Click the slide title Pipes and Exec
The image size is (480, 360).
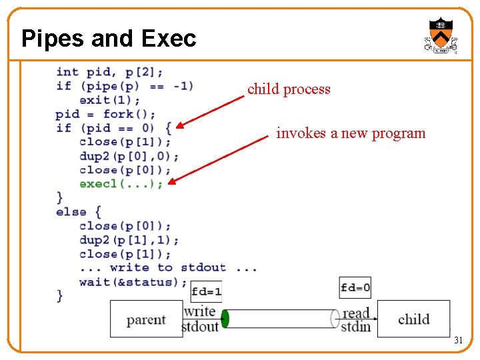tap(109, 39)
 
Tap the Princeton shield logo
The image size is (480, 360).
tap(441, 35)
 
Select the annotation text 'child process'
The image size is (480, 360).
tap(289, 89)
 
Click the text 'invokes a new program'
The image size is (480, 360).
tap(351, 133)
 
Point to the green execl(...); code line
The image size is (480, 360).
tap(121, 183)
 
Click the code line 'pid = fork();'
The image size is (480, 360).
tap(106, 114)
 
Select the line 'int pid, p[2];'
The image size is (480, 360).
tap(109, 72)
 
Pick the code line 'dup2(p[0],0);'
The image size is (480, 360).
tap(129, 155)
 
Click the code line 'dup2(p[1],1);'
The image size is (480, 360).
tap(129, 239)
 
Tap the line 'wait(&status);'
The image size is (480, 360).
tap(133, 281)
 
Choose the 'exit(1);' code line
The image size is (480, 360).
tap(109, 100)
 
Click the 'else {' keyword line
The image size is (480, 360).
tap(79, 211)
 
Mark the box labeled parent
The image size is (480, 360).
tap(146, 319)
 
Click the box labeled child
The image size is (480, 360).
tap(413, 319)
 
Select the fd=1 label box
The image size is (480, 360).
tap(206, 291)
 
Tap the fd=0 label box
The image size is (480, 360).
tap(355, 288)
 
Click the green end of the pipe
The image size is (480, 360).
tap(225, 319)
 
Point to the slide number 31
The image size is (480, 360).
tap(458, 341)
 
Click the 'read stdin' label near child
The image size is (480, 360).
tap(355, 320)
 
